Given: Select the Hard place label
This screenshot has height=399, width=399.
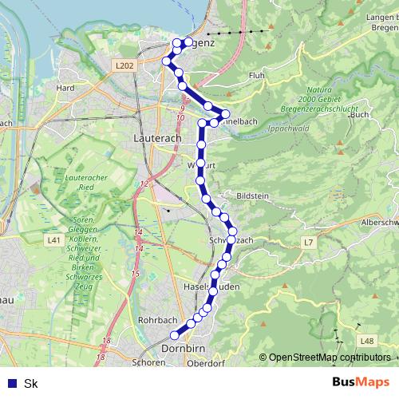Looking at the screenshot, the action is click(65, 88).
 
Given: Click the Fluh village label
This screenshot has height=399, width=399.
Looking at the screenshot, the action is click(257, 76).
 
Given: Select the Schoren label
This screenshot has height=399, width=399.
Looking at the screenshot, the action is click(150, 361).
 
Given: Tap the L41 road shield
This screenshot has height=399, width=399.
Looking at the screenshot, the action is click(53, 239).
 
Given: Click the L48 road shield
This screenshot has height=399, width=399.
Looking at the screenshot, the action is click(366, 341).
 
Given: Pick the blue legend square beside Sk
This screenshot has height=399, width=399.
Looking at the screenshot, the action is click(11, 383).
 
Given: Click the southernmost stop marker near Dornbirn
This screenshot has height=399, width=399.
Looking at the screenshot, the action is click(175, 336).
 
